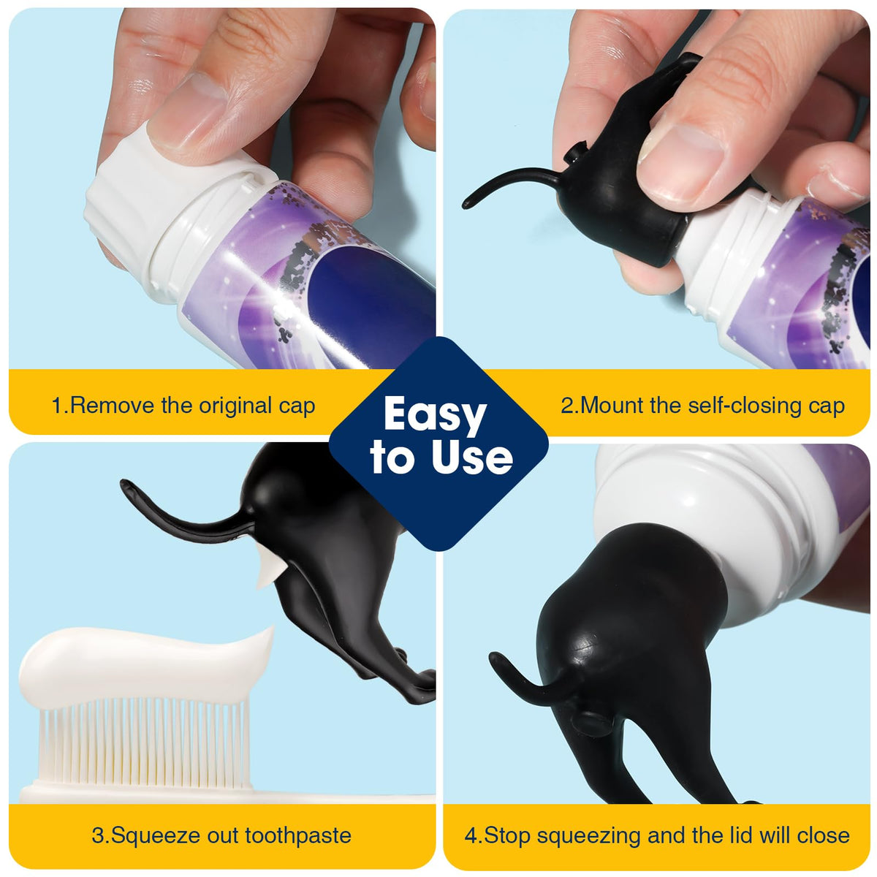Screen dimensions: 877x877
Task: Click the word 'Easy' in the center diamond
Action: (x=435, y=415)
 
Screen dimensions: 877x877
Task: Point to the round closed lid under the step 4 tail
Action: (x=593, y=722)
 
